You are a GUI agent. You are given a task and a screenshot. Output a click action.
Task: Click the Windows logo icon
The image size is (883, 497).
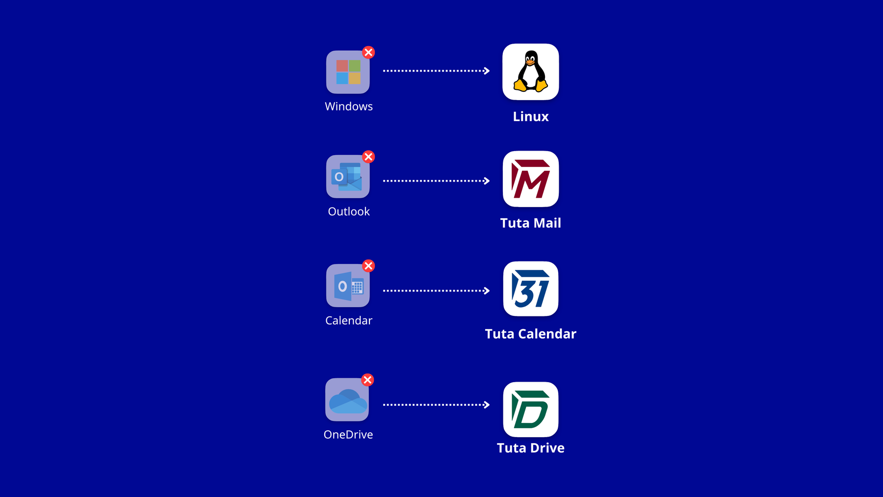(x=348, y=72)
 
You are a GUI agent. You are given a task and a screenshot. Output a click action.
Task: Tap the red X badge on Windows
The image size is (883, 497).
(x=368, y=52)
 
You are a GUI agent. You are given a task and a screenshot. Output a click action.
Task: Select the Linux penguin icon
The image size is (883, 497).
(x=530, y=72)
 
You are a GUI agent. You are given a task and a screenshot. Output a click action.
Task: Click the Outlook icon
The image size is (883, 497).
(x=348, y=177)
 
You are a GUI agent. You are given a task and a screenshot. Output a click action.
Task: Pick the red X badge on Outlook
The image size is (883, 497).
(x=368, y=157)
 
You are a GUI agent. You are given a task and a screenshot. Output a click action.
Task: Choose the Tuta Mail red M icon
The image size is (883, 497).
(x=530, y=179)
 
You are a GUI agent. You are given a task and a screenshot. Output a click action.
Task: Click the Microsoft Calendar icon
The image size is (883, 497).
(x=348, y=286)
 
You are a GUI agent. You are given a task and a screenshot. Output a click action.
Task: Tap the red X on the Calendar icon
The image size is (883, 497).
(x=368, y=266)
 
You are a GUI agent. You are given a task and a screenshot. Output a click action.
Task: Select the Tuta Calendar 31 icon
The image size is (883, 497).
(x=530, y=289)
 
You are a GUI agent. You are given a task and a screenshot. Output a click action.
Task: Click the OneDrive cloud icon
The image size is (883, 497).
(x=347, y=400)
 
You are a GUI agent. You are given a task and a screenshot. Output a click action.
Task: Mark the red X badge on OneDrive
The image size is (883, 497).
(x=367, y=380)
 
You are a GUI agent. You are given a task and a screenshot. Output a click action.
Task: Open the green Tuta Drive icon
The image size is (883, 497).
(x=530, y=410)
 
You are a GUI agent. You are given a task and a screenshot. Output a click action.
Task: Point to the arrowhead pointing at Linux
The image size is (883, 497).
(x=486, y=71)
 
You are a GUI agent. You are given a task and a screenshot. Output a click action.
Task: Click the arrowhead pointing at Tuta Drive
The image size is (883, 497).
(x=486, y=405)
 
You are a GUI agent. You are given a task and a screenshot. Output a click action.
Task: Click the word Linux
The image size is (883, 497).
(x=530, y=117)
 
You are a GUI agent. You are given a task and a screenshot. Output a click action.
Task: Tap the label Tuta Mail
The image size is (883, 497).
(x=530, y=223)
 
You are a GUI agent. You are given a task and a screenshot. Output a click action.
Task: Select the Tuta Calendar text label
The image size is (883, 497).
(x=530, y=334)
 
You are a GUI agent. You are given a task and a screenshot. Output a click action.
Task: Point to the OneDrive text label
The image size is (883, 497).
(x=348, y=435)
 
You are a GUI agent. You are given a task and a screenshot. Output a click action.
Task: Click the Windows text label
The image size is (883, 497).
(x=349, y=106)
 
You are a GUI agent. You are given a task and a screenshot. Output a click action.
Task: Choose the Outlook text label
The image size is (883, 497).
(x=349, y=211)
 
